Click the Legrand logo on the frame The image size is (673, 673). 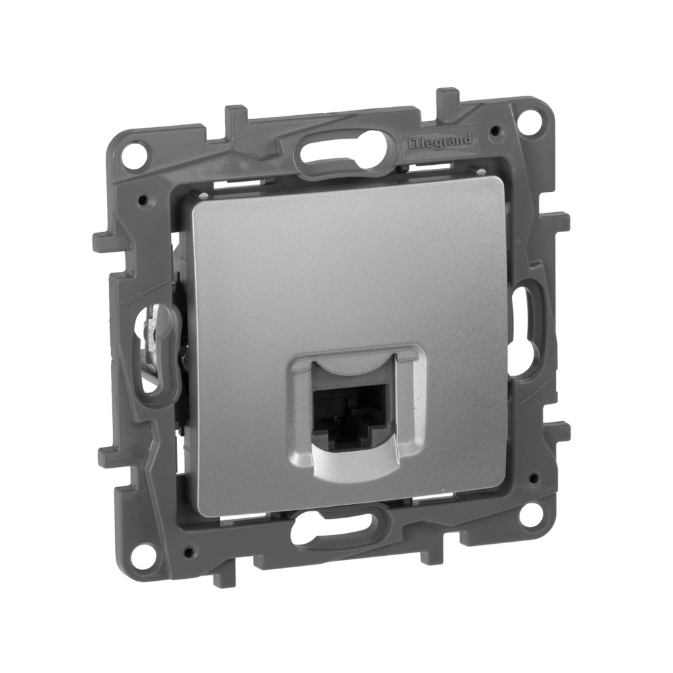tap(441, 141)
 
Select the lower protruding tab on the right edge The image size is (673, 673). tap(561, 431)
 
